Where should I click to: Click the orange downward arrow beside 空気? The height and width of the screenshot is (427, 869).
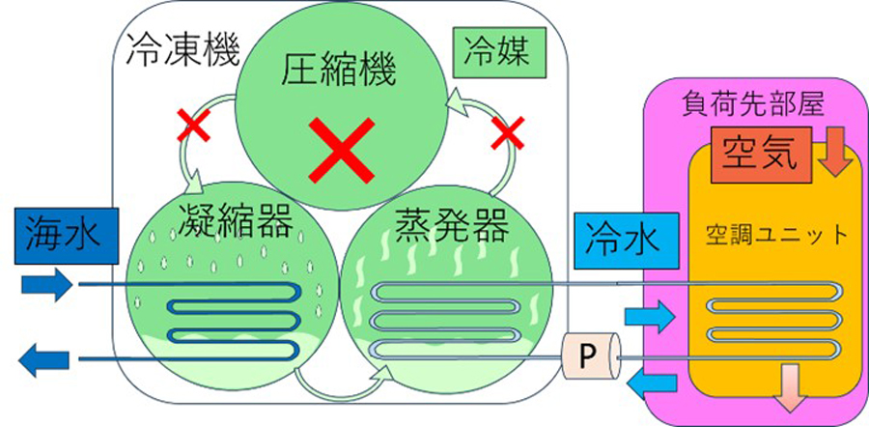(836, 154)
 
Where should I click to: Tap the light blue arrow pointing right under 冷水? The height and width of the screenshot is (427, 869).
(648, 314)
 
